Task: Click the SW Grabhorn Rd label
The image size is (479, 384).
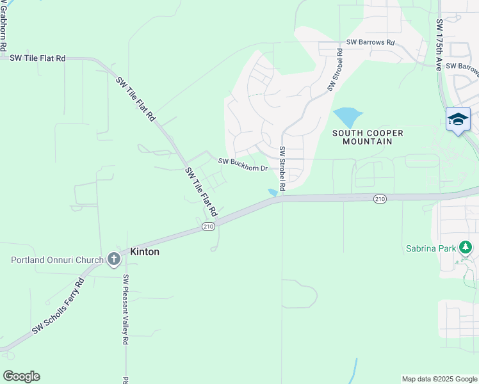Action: pyautogui.click(x=3, y=26)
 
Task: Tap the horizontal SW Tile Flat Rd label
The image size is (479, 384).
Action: pyautogui.click(x=38, y=58)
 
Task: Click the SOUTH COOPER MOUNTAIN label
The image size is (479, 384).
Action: pyautogui.click(x=368, y=137)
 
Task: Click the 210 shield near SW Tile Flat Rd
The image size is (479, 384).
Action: pyautogui.click(x=208, y=227)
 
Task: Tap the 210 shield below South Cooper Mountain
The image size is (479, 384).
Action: pyautogui.click(x=380, y=200)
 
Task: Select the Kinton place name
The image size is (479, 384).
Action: pyautogui.click(x=145, y=252)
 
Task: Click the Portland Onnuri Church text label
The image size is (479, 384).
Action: pyautogui.click(x=57, y=260)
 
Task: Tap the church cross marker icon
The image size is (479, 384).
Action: pyautogui.click(x=114, y=259)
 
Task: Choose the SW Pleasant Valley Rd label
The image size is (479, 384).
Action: pyautogui.click(x=126, y=310)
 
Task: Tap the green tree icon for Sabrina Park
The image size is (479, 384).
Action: pyautogui.click(x=466, y=248)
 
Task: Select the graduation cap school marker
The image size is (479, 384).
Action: pyautogui.click(x=458, y=120)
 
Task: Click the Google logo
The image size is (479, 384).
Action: pyautogui.click(x=21, y=376)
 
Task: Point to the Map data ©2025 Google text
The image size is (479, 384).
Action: pyautogui.click(x=439, y=379)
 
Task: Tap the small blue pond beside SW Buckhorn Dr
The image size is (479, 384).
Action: pyautogui.click(x=273, y=192)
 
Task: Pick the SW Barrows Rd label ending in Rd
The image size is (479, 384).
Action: pyautogui.click(x=371, y=42)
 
